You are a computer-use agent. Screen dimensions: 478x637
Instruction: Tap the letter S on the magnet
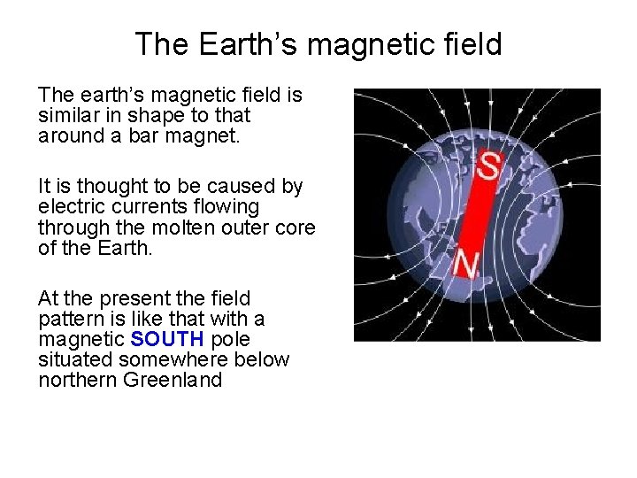pos(487,164)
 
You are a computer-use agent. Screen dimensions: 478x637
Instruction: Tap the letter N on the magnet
pos(466,262)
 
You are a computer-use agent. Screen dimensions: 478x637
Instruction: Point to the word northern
pos(76,382)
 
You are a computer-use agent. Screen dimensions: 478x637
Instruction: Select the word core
pos(296,227)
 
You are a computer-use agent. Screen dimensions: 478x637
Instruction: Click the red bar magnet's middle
pos(476,212)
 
